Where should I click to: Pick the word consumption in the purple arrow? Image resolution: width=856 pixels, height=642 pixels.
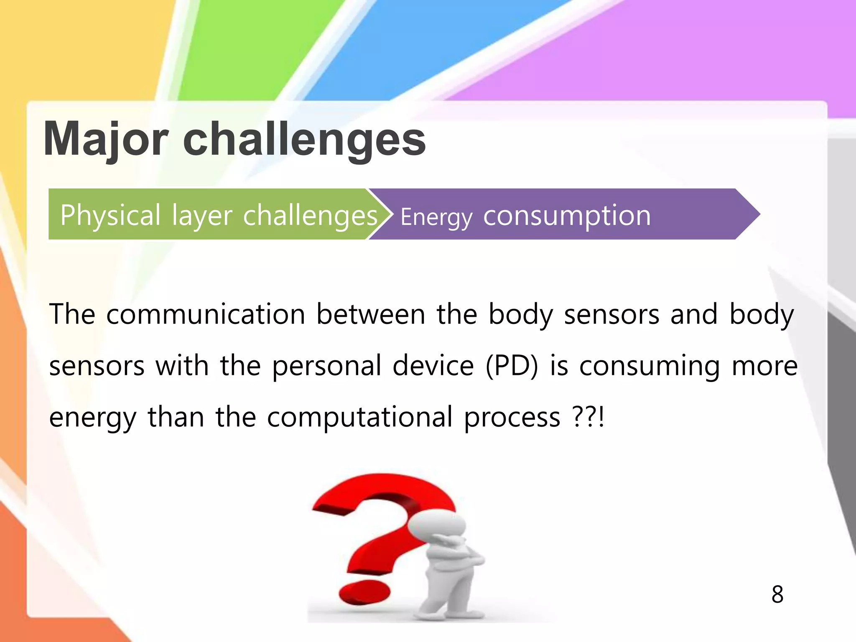tap(567, 216)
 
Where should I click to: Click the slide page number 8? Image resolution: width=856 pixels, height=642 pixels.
tap(777, 594)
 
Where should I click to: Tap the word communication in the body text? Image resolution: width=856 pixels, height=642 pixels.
tap(206, 314)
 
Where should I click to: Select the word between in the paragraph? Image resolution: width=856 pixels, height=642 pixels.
tap(370, 314)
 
